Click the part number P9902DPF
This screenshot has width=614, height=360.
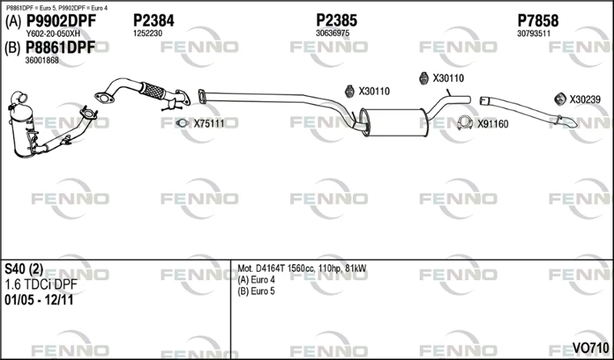[61, 21]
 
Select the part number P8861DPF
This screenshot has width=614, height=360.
[61, 48]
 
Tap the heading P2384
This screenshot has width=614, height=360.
[154, 21]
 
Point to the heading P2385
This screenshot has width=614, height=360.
[337, 21]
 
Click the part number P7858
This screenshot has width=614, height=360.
[538, 21]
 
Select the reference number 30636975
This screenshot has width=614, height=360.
[332, 33]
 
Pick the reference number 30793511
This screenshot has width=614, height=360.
[533, 34]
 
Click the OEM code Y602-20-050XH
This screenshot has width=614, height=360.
[52, 34]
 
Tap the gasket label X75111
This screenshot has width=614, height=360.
[209, 124]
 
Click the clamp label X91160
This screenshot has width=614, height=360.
[493, 124]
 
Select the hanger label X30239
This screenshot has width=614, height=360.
[585, 100]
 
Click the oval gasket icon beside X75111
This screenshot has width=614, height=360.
[182, 124]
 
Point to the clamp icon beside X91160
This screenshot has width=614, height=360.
[464, 123]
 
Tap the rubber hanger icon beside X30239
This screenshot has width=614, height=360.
[560, 99]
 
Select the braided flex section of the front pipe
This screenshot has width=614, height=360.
[152, 91]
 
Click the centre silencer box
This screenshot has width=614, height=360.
[394, 123]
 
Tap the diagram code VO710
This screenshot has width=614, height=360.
[590, 348]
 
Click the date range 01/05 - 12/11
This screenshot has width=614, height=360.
[39, 300]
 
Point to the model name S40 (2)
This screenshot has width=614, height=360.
[24, 269]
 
